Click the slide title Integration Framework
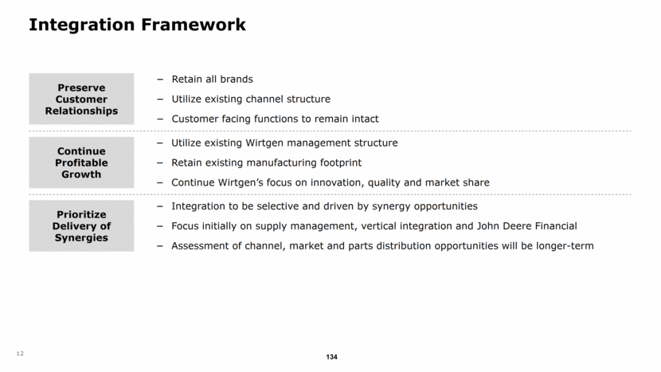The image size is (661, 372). (137, 25)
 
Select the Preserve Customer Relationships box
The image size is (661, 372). (81, 99)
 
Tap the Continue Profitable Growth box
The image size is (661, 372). (81, 163)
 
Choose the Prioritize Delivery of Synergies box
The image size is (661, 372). (81, 226)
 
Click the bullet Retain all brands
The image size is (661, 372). (212, 79)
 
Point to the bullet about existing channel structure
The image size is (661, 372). (250, 99)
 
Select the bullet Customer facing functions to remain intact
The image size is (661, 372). (275, 119)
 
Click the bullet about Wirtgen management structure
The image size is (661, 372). (284, 143)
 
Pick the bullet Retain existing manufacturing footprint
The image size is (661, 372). (266, 163)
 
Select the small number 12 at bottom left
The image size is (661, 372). (19, 354)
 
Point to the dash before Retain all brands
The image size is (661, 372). (161, 79)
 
